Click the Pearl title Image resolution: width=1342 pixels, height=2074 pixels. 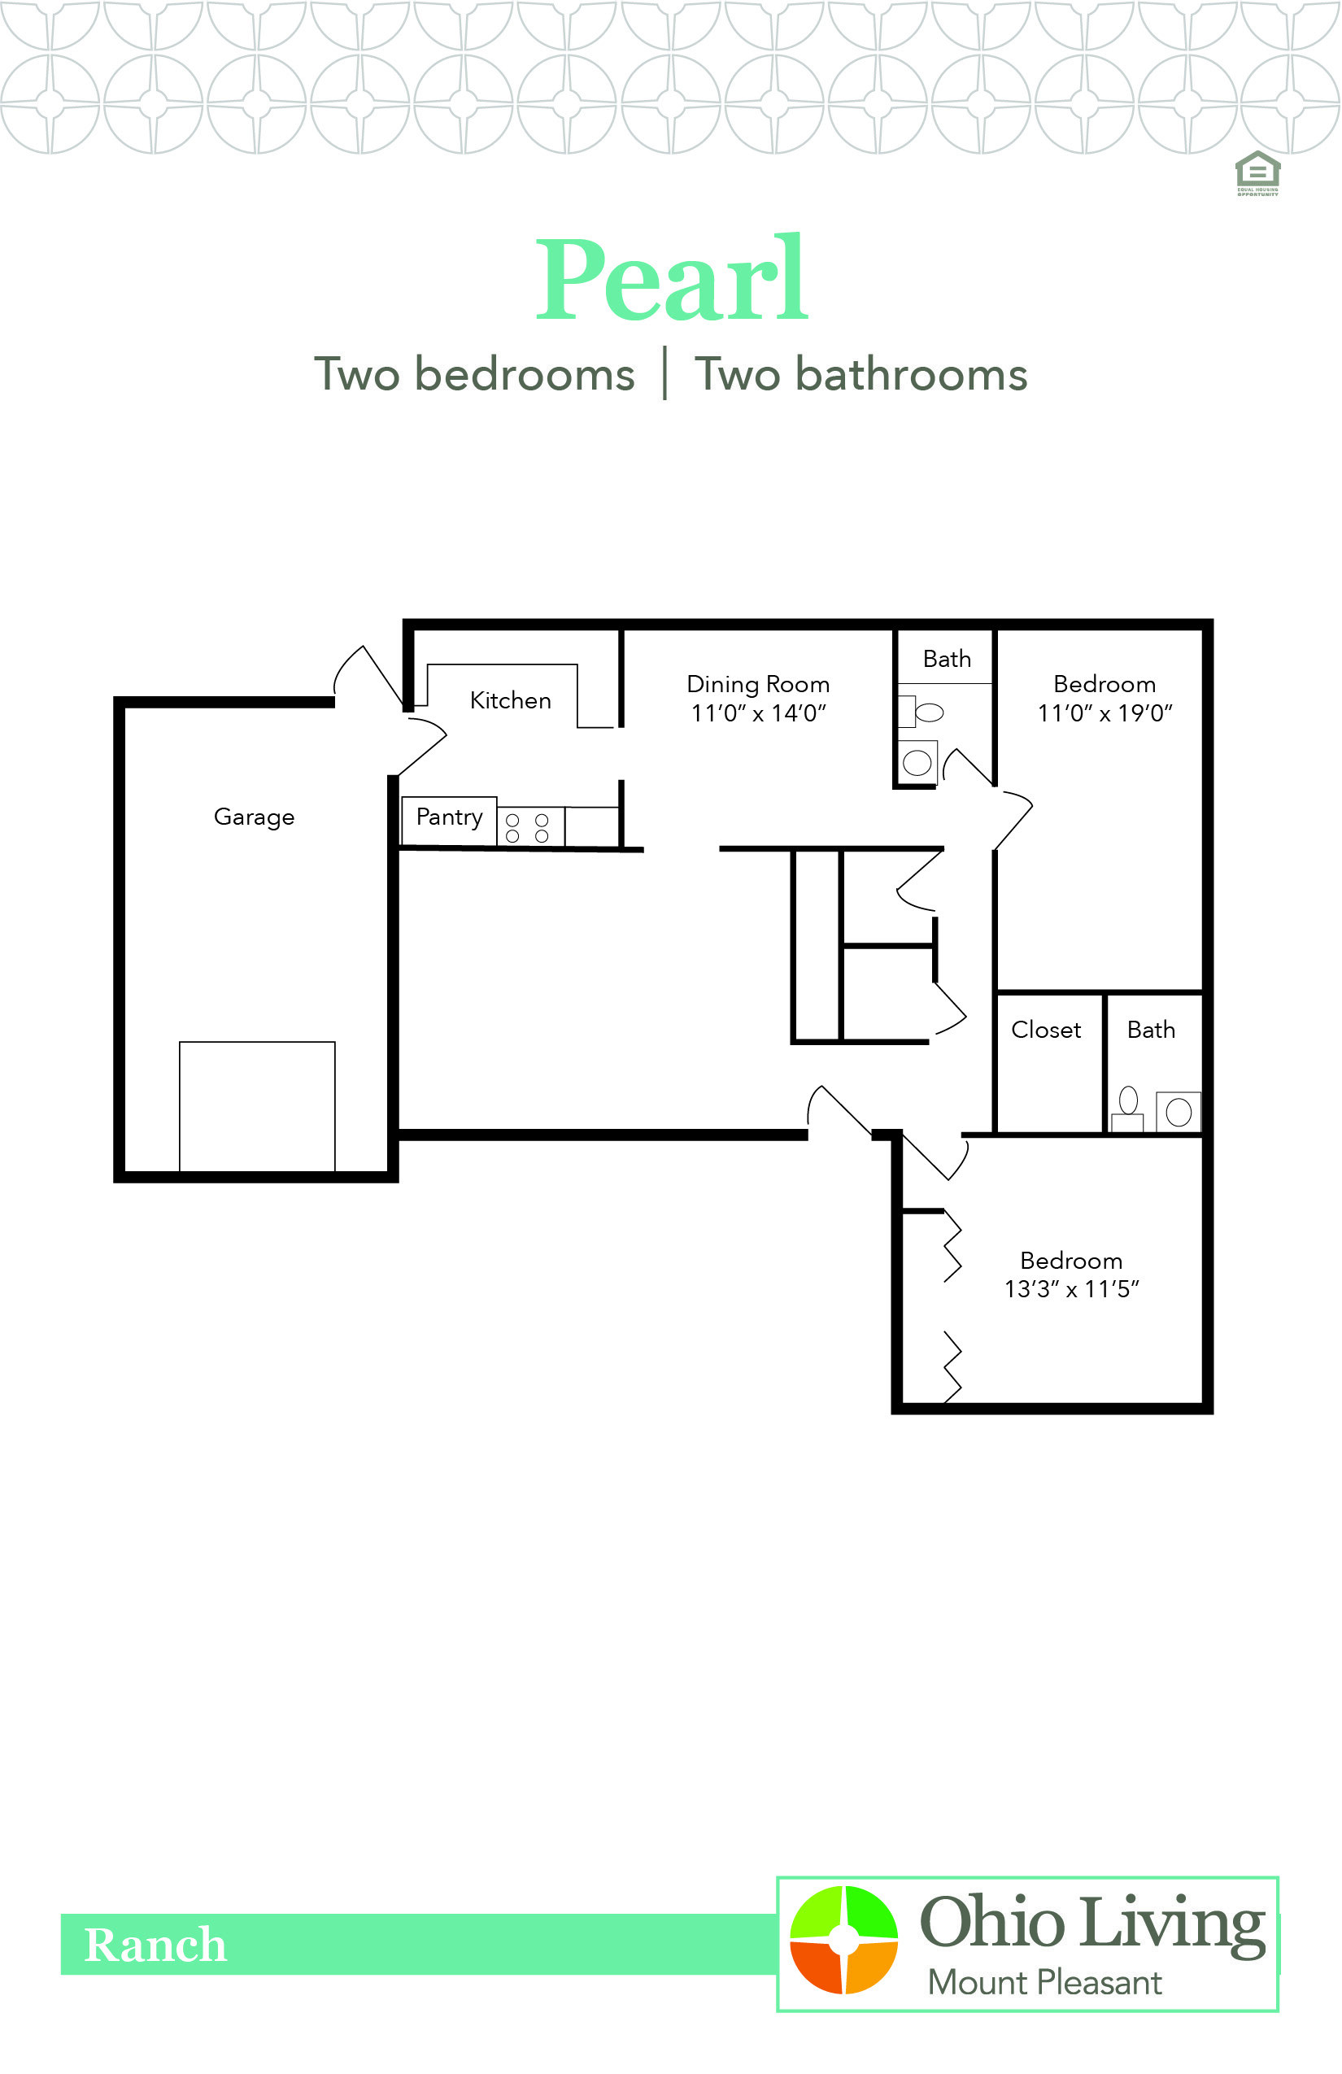(672, 281)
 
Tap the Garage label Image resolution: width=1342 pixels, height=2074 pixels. (254, 817)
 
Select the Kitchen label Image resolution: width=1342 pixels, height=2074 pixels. (510, 699)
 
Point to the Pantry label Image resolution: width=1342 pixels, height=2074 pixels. (449, 817)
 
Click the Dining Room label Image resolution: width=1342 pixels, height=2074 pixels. (757, 684)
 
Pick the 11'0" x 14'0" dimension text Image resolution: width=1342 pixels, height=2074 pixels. (757, 714)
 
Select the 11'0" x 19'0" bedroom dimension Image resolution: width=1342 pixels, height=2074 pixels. (1105, 714)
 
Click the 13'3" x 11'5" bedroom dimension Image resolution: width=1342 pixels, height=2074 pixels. (1071, 1289)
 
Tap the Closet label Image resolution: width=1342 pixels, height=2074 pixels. (1046, 1029)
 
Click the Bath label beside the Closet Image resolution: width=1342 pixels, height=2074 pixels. (1150, 1029)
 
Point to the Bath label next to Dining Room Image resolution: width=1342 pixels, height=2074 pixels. (947, 659)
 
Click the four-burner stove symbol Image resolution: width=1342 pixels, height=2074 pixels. (527, 827)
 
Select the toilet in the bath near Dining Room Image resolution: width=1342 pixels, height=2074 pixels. (924, 712)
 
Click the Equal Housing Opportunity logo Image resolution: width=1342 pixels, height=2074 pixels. (1257, 172)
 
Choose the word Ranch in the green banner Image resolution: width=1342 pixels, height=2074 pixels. (155, 1945)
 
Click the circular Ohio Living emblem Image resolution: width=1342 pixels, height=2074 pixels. (843, 1938)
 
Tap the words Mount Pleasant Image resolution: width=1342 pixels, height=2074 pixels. (1044, 1983)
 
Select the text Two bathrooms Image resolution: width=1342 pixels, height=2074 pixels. (861, 375)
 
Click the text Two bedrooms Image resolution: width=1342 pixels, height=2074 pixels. (474, 375)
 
